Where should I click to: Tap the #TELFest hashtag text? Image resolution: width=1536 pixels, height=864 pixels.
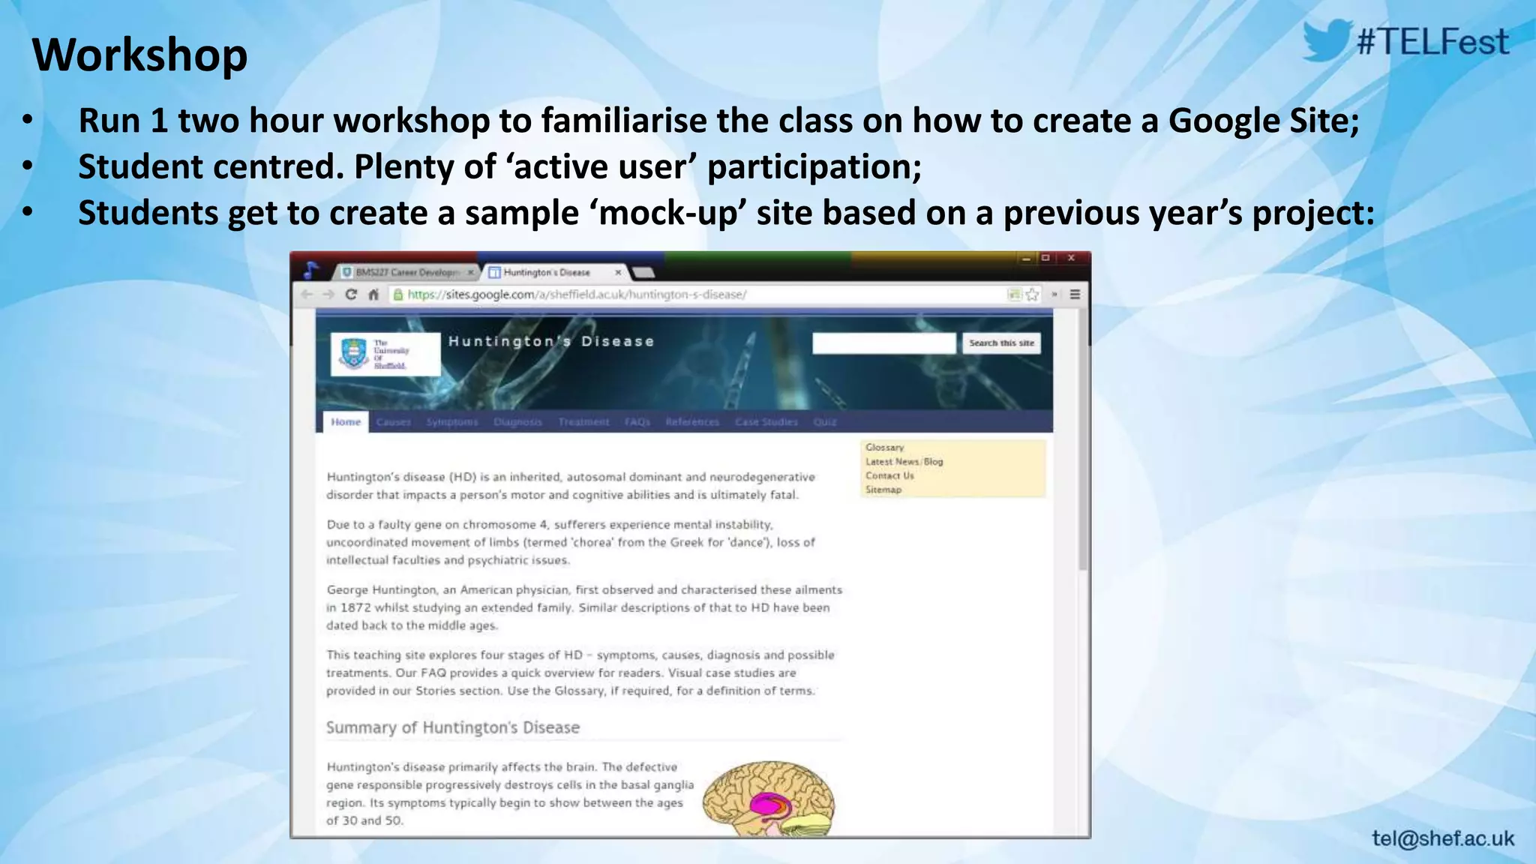click(1432, 42)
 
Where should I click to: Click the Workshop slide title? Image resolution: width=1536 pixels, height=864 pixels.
click(140, 55)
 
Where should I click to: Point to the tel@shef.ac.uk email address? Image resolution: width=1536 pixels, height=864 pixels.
click(1443, 838)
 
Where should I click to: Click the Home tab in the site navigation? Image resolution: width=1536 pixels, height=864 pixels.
click(346, 421)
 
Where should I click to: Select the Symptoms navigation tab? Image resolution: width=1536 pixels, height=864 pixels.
click(452, 422)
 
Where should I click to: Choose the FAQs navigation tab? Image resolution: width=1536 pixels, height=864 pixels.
click(637, 422)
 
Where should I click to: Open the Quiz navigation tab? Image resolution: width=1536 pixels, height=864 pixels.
click(825, 422)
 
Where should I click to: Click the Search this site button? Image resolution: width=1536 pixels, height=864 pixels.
click(1001, 343)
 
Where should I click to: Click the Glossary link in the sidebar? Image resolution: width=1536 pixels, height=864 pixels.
click(885, 447)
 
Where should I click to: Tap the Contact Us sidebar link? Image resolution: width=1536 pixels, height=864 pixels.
click(889, 475)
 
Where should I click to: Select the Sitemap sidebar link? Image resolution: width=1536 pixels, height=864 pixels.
click(883, 490)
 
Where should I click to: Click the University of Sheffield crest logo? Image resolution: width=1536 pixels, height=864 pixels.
click(353, 353)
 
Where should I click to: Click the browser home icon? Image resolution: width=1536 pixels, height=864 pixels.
click(373, 295)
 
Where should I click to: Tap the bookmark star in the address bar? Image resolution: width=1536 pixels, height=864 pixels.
click(1033, 295)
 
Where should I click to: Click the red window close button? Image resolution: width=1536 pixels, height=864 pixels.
click(1072, 258)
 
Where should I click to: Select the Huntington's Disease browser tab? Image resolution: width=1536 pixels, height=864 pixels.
click(547, 272)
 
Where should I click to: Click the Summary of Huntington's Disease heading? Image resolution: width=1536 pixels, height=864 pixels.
click(453, 727)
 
